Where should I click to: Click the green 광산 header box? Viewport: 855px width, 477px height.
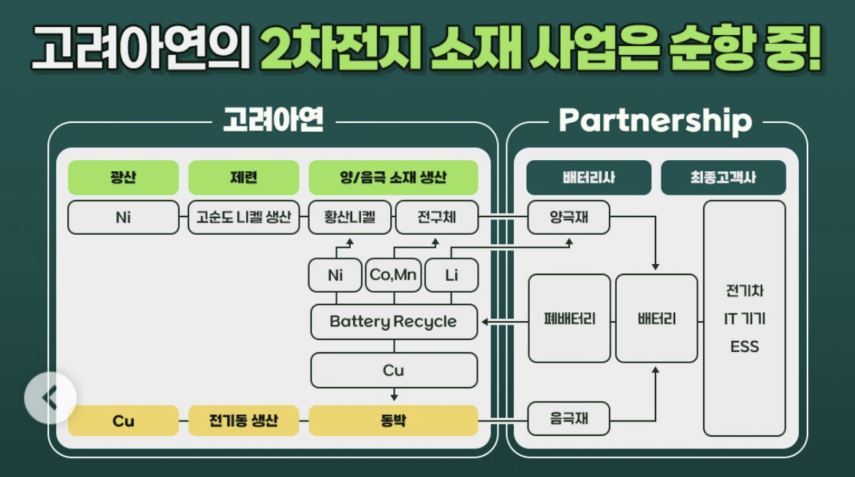pos(123,178)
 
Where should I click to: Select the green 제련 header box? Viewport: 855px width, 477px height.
pos(243,178)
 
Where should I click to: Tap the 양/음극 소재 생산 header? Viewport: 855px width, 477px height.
pos(393,178)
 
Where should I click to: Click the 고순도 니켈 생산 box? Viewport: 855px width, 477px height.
pos(243,217)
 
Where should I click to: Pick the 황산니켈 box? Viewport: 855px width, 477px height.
pos(349,217)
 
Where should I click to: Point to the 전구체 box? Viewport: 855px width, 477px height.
pos(436,217)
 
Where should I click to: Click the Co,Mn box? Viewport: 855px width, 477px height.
pos(393,276)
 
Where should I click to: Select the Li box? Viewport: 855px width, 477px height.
pos(451,276)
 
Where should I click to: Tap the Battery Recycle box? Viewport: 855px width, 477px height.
pos(393,322)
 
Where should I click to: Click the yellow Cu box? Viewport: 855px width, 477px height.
pos(123,421)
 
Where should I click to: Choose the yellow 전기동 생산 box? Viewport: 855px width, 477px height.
pos(243,421)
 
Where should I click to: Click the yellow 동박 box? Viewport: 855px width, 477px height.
pos(393,421)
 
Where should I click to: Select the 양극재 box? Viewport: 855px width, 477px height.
pos(569,217)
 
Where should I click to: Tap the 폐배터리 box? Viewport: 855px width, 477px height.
pos(569,319)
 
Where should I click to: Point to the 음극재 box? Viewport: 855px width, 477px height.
pos(569,419)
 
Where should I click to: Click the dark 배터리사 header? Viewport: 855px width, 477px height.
pos(588,178)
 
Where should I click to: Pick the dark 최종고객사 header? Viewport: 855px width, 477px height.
pos(723,178)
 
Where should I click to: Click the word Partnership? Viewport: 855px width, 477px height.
pos(655,121)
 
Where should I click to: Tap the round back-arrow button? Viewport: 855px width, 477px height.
pos(50,398)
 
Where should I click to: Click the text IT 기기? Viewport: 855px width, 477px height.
pos(744,319)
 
